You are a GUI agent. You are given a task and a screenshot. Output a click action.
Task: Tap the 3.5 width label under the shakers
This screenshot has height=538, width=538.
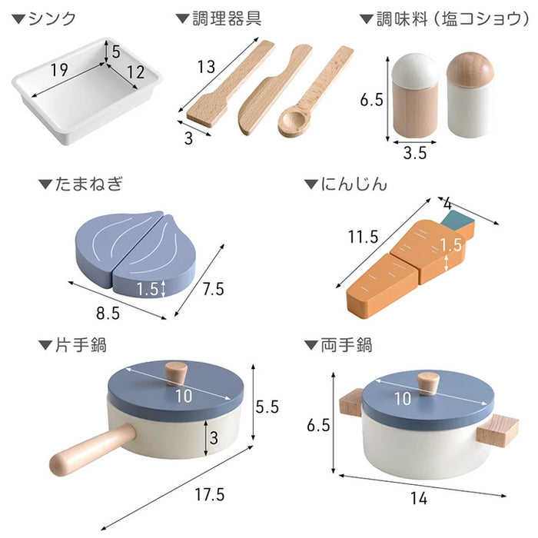pyautogui.click(x=414, y=152)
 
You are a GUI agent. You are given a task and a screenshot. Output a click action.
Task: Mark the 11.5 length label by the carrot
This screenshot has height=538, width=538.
pyautogui.click(x=363, y=237)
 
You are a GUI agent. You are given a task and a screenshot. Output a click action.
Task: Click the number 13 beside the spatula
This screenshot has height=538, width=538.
pyautogui.click(x=205, y=66)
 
